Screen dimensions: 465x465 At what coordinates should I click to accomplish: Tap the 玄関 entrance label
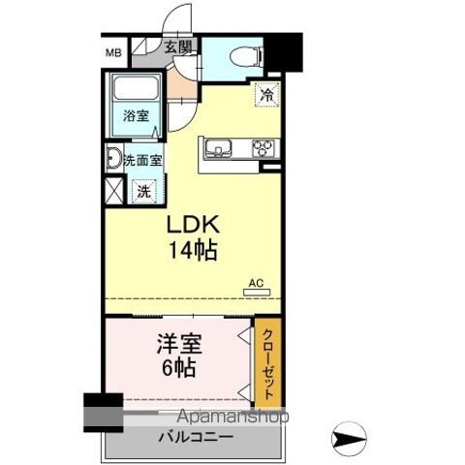point(176,46)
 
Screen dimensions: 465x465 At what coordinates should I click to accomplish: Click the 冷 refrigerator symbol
point(265,95)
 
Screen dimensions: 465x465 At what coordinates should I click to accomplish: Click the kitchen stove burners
point(263,148)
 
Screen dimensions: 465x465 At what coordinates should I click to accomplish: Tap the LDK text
point(195,224)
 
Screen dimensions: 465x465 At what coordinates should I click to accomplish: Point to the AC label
point(256,283)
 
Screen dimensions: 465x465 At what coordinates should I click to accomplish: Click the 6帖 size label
point(177,368)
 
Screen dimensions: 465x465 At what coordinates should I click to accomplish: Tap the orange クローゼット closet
point(268,363)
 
